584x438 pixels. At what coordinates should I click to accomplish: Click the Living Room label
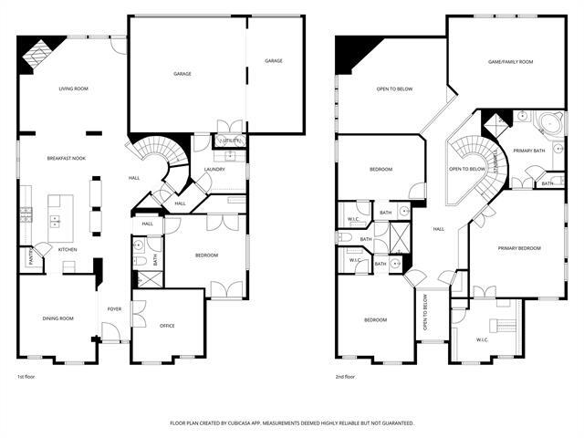[73, 89]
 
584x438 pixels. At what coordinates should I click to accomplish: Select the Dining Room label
[57, 318]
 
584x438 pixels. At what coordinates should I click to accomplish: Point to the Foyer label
[115, 309]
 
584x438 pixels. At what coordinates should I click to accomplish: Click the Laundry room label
[214, 169]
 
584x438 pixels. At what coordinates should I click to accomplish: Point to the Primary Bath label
[529, 151]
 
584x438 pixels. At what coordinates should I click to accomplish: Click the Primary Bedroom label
[519, 248]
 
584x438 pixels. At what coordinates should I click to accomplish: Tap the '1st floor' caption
[26, 377]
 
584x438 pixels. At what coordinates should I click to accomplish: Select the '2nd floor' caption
[346, 377]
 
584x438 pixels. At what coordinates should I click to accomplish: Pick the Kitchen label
[68, 249]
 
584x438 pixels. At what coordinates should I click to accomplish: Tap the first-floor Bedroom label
[206, 255]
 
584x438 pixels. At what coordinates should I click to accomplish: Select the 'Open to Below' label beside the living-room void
[395, 89]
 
